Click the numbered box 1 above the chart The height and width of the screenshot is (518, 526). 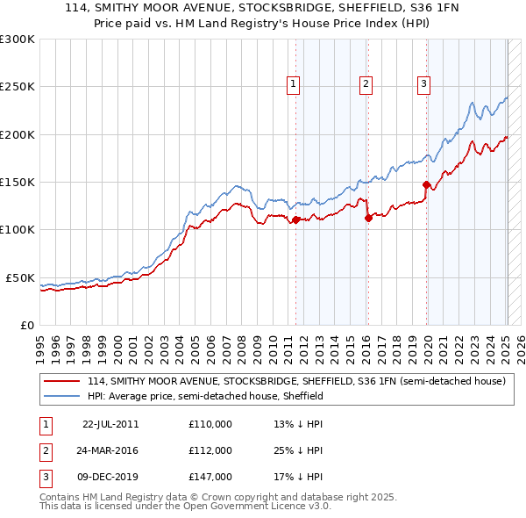[292, 84]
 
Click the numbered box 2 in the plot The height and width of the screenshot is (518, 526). [366, 84]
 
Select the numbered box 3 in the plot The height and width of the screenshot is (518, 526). [423, 84]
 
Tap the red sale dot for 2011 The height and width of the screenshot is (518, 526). [296, 219]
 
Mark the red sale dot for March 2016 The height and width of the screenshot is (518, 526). [368, 218]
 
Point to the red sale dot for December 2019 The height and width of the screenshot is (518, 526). [427, 184]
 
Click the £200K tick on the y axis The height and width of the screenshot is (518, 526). [17, 134]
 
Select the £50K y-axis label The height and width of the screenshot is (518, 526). [19, 277]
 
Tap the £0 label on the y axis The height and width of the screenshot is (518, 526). [25, 325]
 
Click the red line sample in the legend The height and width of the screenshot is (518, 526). [62, 382]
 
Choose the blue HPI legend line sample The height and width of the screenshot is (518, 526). [62, 396]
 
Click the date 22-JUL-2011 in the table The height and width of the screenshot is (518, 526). [110, 424]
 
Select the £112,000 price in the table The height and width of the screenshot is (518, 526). [210, 450]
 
